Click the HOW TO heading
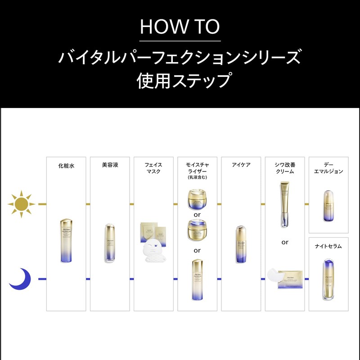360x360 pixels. [180, 27]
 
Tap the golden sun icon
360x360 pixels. [21, 204]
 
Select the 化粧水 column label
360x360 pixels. [66, 165]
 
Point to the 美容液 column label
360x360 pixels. [110, 165]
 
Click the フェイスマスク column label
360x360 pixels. [153, 168]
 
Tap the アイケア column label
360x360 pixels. [241, 165]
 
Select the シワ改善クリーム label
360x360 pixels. [285, 168]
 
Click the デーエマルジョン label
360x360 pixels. [328, 168]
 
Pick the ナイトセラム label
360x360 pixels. [328, 246]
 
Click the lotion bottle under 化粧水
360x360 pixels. [66, 240]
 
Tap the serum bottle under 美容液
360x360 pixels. [110, 243]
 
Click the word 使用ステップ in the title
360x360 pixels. [180, 81]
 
